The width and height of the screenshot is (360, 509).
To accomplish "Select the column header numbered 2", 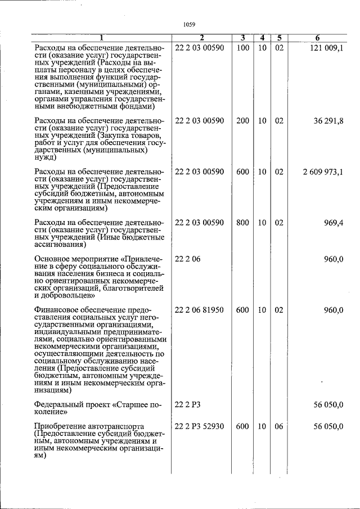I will [201, 38].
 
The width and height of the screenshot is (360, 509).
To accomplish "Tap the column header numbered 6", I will [317, 38].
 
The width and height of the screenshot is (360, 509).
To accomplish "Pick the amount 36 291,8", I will [328, 121].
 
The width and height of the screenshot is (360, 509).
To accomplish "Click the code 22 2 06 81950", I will [200, 310].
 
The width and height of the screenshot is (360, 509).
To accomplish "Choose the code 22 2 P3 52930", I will [200, 426].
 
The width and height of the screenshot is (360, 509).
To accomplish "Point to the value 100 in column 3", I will [242, 48].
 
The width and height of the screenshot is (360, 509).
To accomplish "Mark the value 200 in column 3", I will [242, 121].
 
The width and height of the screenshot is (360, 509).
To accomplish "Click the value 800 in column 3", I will [242, 223].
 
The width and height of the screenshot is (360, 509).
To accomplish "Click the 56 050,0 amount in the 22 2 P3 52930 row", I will [328, 426].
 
